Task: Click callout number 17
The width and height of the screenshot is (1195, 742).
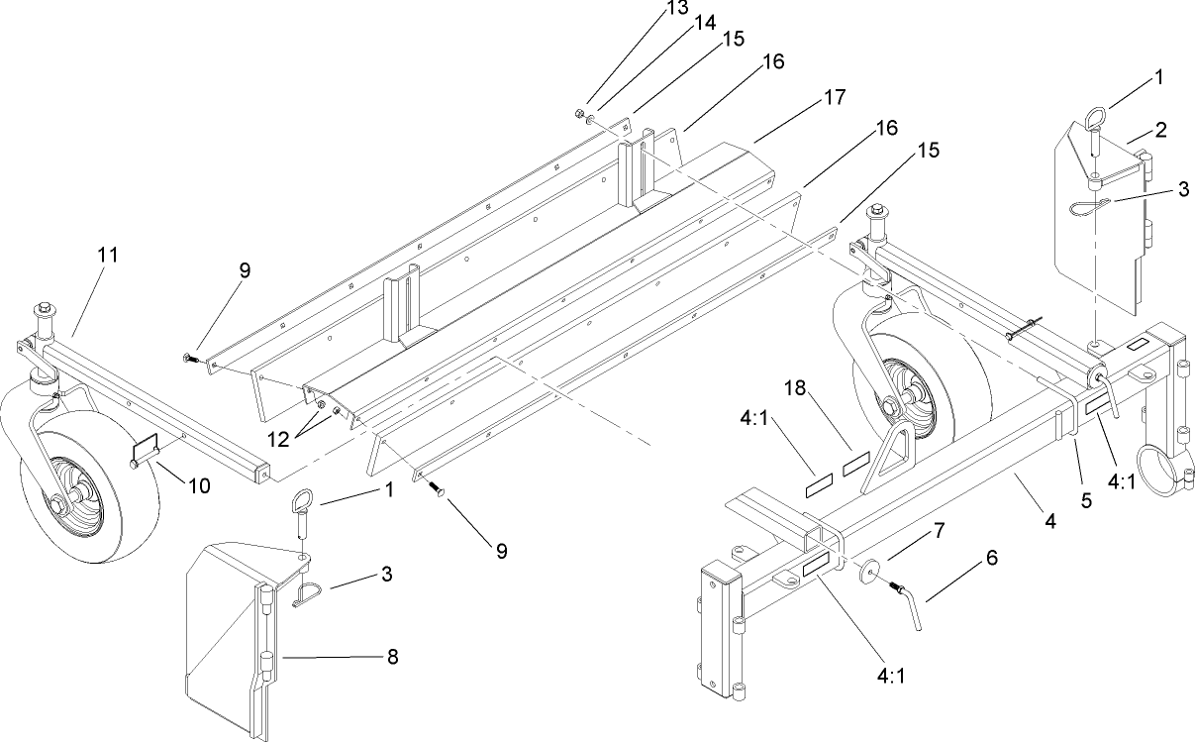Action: (x=834, y=98)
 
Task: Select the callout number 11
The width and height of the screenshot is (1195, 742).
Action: (x=108, y=255)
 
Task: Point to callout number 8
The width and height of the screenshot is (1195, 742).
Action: (x=393, y=656)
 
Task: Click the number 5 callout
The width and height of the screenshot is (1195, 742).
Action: (x=1086, y=501)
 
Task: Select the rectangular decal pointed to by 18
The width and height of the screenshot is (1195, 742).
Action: (x=854, y=465)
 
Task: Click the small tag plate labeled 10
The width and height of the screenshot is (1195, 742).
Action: (x=147, y=448)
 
